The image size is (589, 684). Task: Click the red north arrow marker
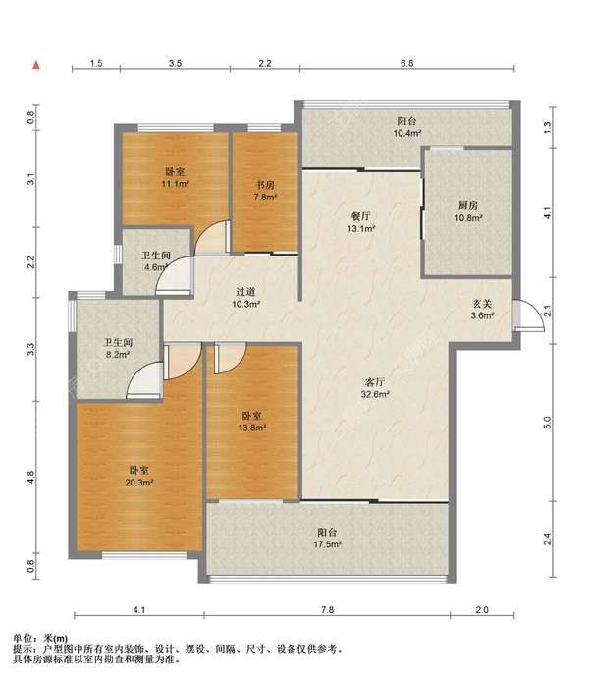[x=36, y=66]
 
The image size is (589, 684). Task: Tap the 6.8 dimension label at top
[x=406, y=63]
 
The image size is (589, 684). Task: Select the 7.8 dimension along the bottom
[x=327, y=610]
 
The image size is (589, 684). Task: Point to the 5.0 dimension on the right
[x=548, y=423]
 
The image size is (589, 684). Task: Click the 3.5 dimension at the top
[x=175, y=63]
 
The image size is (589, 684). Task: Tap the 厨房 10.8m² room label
[x=468, y=211]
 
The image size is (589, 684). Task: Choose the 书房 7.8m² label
[x=265, y=191]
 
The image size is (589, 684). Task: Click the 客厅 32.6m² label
[x=375, y=388]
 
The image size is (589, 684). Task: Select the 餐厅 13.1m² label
[x=361, y=222]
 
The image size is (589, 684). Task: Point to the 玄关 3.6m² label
[x=483, y=310]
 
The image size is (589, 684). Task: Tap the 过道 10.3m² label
[x=245, y=298]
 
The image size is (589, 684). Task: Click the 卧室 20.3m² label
[x=139, y=476]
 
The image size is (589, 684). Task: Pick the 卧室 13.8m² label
[x=252, y=422]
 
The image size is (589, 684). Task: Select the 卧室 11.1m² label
[x=175, y=177]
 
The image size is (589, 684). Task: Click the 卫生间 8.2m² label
[x=118, y=348]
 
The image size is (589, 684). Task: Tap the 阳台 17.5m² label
[x=327, y=538]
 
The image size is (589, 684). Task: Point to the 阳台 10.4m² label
[x=407, y=127]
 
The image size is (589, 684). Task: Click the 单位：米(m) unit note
[x=40, y=639]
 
